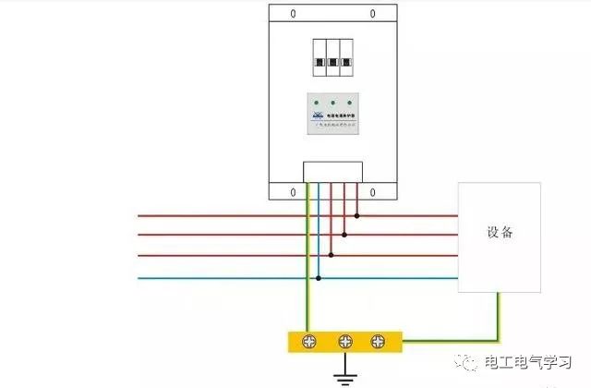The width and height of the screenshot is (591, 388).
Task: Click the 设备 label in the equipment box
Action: coord(500,233)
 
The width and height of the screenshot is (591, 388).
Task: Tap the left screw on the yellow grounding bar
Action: coord(314,341)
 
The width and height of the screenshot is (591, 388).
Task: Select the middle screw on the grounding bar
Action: coord(346,341)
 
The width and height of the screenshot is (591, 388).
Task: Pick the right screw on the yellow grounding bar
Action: coord(378,341)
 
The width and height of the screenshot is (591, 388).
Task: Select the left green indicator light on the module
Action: coord(317,103)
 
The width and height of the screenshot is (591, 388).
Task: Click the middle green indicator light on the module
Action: coord(333,103)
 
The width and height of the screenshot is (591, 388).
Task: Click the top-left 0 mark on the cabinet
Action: coord(294,14)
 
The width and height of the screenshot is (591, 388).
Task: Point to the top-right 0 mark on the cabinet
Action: coord(373,14)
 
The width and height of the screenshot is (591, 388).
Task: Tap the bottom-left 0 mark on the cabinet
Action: coord(294,191)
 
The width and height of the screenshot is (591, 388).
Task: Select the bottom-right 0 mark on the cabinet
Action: coord(373,191)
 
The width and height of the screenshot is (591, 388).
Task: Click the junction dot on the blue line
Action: coord(319,277)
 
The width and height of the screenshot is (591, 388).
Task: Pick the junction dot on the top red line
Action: coord(357,216)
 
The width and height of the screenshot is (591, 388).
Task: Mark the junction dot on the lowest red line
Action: coord(332,256)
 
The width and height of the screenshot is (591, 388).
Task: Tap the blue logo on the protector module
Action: coord(316,115)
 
